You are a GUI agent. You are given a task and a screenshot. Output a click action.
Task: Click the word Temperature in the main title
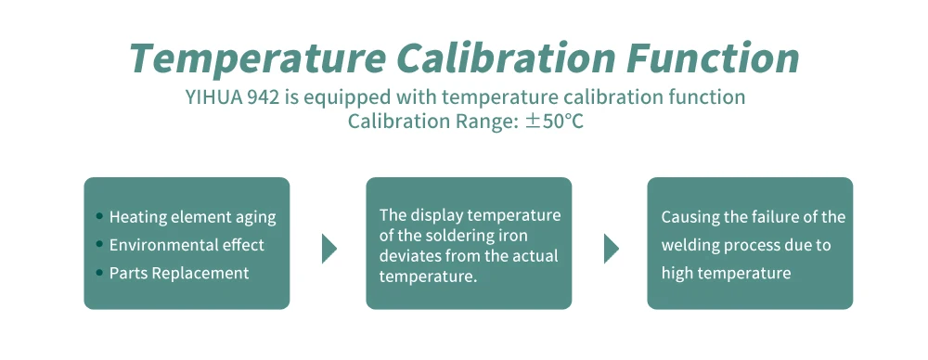(x=258, y=59)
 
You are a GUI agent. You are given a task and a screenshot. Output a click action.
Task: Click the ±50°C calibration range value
(x=555, y=122)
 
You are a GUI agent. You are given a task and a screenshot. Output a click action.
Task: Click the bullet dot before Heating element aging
(x=99, y=216)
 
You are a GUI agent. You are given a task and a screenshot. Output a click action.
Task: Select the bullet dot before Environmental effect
(x=99, y=244)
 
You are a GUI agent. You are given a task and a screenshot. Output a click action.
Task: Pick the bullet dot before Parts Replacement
(x=99, y=273)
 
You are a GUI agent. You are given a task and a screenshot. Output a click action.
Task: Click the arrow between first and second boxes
(x=329, y=249)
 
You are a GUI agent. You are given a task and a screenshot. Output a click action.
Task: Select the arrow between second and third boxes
(x=611, y=249)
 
